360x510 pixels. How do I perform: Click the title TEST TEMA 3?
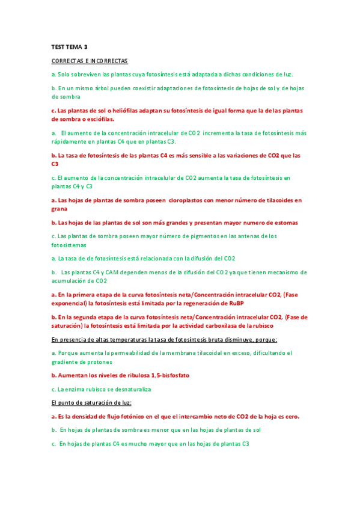pos(69,46)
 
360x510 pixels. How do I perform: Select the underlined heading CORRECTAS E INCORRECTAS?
pos(90,61)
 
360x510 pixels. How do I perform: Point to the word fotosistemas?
pos(69,245)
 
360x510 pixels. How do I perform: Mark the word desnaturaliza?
pos(127,389)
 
